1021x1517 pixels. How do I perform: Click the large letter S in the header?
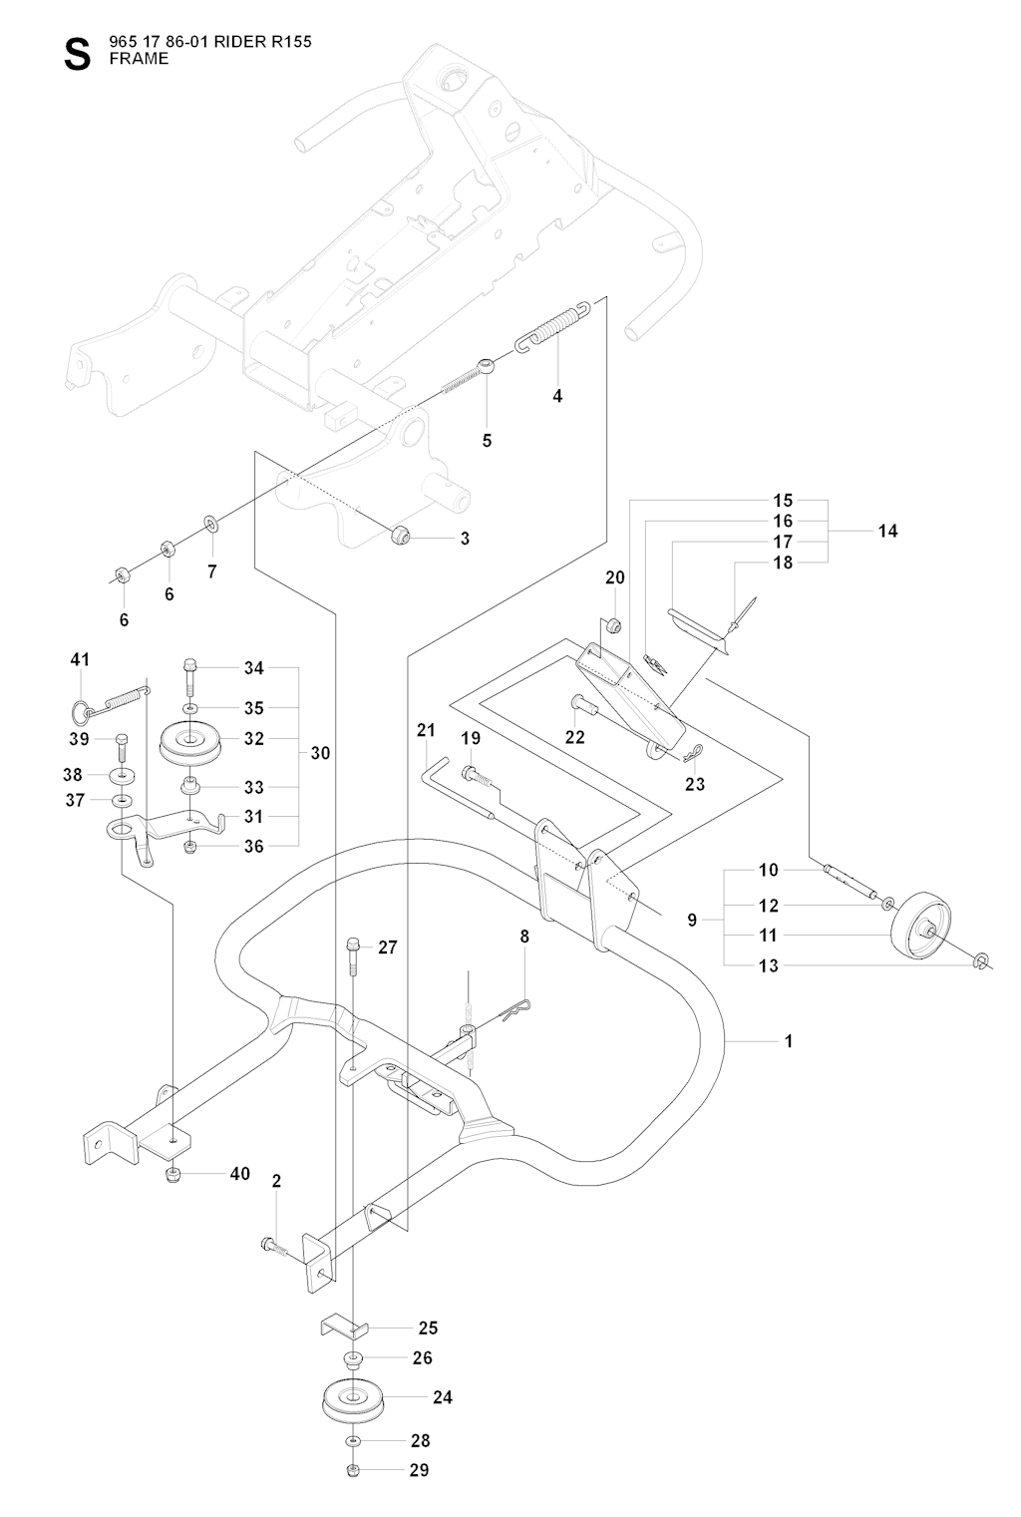click(x=76, y=55)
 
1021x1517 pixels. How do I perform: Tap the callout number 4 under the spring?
click(x=557, y=396)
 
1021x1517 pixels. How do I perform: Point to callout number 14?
click(x=887, y=531)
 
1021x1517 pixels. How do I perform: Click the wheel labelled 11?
click(x=919, y=930)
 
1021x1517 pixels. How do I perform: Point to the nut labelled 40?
click(x=173, y=1174)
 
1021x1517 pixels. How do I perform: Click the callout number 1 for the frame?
click(x=789, y=1041)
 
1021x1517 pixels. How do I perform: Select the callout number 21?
click(x=427, y=731)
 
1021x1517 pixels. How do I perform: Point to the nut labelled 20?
click(x=615, y=626)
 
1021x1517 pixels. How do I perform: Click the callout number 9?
click(x=692, y=921)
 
